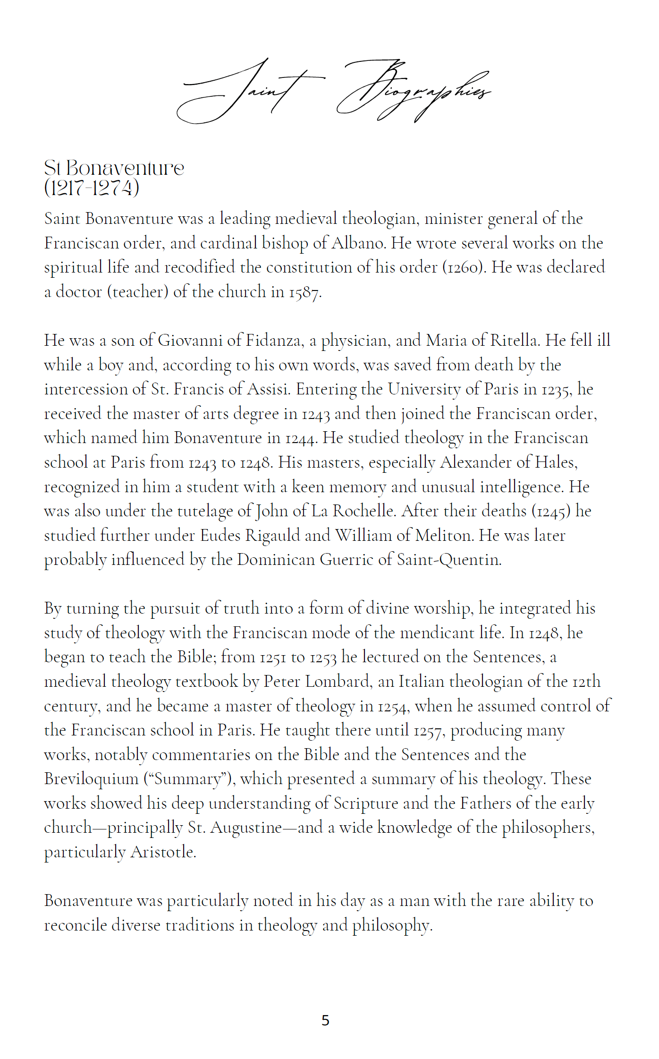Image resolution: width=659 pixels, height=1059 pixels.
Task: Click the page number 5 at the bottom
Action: tap(325, 1020)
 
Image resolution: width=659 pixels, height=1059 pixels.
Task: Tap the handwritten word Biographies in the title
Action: tap(413, 90)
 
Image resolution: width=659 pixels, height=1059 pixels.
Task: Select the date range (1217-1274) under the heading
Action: tap(92, 188)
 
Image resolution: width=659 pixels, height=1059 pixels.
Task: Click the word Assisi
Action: tap(268, 389)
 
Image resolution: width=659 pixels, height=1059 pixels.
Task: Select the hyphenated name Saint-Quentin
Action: tap(448, 560)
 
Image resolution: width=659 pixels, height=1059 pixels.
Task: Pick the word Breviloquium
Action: tap(92, 779)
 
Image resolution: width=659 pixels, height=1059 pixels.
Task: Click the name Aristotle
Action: tap(163, 852)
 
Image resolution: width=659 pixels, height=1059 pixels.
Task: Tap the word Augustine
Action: tap(246, 828)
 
